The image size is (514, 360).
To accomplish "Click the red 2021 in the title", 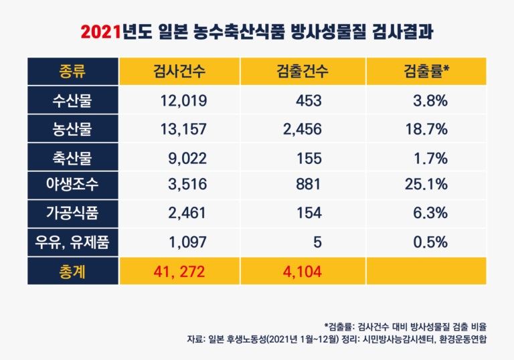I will click(101, 32).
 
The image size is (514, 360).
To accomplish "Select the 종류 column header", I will click(72, 71).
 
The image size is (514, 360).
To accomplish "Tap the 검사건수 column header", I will click(179, 71).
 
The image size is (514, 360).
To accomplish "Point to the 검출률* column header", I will click(426, 71).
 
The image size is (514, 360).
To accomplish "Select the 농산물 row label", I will click(72, 129).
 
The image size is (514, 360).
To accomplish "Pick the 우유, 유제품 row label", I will click(72, 242).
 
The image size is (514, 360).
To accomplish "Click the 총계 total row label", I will click(72, 271).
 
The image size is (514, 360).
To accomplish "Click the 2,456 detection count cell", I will click(303, 129).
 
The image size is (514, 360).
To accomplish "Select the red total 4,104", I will click(303, 271).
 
